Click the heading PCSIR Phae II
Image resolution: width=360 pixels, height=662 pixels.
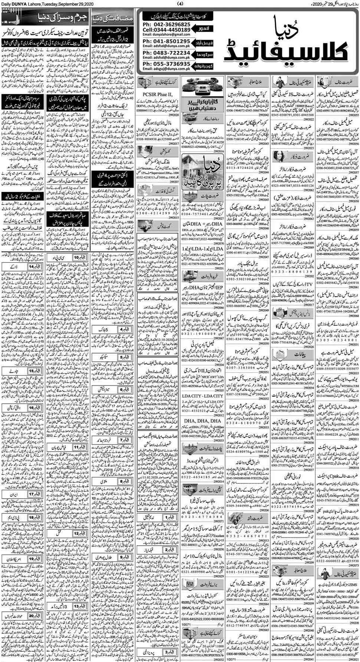[x=158, y=95]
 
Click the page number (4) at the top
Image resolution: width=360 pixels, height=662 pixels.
[x=180, y=4]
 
